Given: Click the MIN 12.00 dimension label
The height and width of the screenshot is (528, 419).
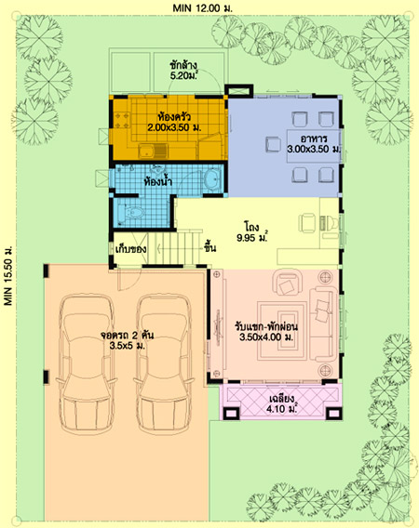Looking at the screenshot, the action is coord(202,8).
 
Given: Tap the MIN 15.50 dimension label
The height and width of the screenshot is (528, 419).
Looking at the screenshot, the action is coord(8,276).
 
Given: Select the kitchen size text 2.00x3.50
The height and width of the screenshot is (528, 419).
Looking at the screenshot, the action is coord(174,127).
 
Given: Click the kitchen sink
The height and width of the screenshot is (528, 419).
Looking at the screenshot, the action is coord(153,152).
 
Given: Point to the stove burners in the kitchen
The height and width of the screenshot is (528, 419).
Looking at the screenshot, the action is coord(123,121).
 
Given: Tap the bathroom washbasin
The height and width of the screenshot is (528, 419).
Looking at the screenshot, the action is coord(212,179).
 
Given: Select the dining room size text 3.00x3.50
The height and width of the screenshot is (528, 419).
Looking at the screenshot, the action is coord(314,149).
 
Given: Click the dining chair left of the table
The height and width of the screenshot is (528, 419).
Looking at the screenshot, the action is coord(273,144).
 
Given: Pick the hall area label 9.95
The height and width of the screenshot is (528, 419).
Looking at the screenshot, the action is coord(252,238).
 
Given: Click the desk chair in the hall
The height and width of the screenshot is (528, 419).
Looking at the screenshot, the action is coord(307,222).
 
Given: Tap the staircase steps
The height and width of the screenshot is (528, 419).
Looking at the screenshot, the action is coord(173,248).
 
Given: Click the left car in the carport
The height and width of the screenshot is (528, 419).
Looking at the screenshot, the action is coord(86,364).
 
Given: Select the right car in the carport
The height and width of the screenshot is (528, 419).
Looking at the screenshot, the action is coord(164,364).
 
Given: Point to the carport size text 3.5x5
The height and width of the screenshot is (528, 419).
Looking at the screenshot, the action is coord(128,346).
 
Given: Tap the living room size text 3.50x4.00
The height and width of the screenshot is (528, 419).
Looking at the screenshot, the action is coord(266,337).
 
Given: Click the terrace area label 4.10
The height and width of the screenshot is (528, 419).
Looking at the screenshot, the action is coord(282,409).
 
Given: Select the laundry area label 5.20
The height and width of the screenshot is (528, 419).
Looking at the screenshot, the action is coord(183,76).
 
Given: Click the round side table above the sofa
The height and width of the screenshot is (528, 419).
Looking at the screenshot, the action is coord(326,277).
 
